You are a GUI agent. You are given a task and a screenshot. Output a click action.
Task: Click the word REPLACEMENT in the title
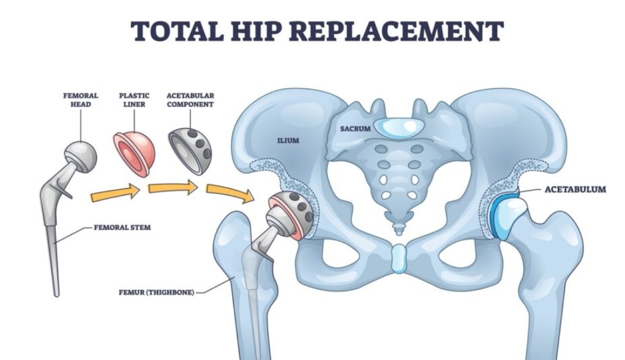395,31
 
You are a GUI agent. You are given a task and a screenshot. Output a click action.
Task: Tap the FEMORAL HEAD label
81,100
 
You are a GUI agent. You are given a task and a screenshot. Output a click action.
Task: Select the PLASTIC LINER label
134,100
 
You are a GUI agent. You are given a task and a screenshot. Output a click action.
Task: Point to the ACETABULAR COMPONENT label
190,100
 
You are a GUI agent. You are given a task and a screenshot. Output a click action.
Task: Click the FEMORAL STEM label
122,228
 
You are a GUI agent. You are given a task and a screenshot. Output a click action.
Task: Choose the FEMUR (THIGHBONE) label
157,293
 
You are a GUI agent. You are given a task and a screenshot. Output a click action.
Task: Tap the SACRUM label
355,129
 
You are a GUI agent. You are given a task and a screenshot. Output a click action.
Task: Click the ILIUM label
288,140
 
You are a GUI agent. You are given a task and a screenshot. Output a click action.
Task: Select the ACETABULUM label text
575,190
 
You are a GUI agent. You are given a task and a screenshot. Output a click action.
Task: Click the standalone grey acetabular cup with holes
190,151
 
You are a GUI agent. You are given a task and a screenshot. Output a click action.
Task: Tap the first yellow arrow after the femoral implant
116,193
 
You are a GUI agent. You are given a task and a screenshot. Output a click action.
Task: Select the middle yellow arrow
173,187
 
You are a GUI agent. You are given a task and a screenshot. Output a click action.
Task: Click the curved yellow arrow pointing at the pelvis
231,193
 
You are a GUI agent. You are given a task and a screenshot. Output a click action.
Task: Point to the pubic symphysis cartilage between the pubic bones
399,259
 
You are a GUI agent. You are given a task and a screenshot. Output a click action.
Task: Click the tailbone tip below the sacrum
399,229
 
